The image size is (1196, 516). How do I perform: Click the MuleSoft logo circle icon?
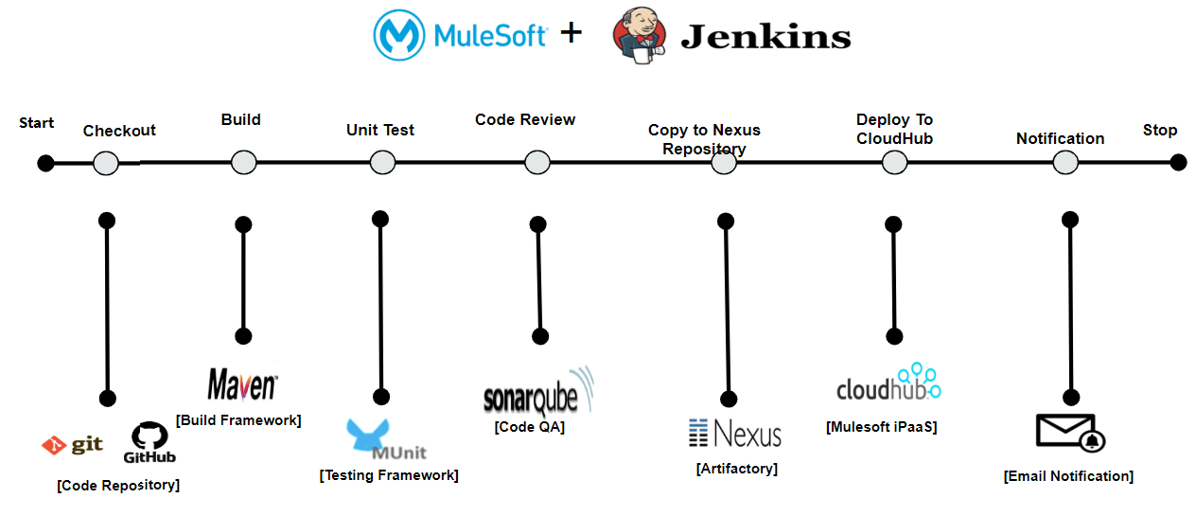(x=400, y=35)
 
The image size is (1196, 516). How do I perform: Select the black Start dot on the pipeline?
(x=45, y=163)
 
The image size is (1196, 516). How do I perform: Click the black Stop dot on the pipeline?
(x=1178, y=162)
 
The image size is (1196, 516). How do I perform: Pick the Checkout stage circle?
(x=106, y=163)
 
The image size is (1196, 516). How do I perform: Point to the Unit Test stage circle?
(x=382, y=163)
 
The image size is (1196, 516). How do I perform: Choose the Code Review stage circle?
(x=536, y=163)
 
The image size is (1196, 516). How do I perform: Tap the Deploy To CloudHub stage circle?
(x=894, y=163)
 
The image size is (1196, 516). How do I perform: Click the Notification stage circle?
(x=1065, y=163)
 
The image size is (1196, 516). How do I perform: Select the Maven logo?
(x=242, y=384)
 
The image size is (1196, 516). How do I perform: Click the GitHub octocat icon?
(x=149, y=436)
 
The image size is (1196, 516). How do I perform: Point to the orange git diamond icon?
(x=54, y=445)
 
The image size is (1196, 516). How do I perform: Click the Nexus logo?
(x=735, y=434)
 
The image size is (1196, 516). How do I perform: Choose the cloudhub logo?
(x=888, y=384)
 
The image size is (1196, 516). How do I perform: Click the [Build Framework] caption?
(x=238, y=420)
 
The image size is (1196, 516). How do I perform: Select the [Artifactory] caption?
(x=737, y=468)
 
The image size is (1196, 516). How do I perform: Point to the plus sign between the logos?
(x=571, y=34)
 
